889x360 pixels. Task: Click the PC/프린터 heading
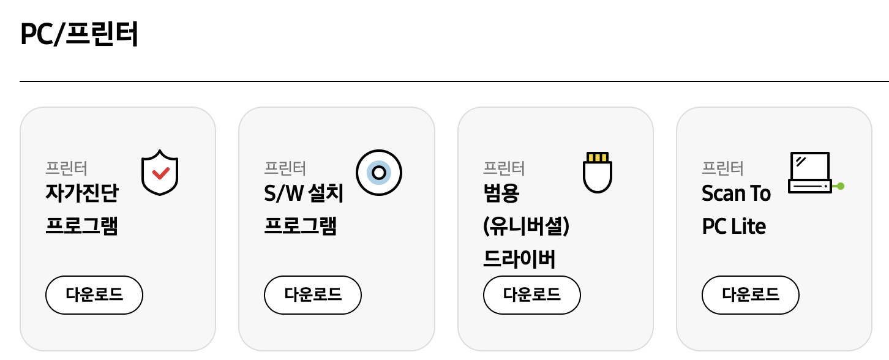pos(79,34)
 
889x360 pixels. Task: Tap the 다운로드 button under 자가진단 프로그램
pos(94,294)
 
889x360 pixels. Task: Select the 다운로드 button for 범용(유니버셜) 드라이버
pos(531,294)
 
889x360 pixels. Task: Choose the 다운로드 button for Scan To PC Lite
pos(750,294)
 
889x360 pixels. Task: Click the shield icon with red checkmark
pos(160,172)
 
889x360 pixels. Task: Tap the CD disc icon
pos(378,173)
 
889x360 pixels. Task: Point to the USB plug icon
pos(597,173)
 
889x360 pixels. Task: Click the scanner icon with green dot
pos(811,173)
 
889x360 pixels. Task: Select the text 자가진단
pos(81,194)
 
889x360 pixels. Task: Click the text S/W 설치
pos(299,194)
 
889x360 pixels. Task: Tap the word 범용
pos(501,194)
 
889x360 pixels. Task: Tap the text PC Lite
pos(733,227)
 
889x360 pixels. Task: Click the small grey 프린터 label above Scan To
pos(722,167)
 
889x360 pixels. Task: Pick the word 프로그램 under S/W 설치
pos(300,227)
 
